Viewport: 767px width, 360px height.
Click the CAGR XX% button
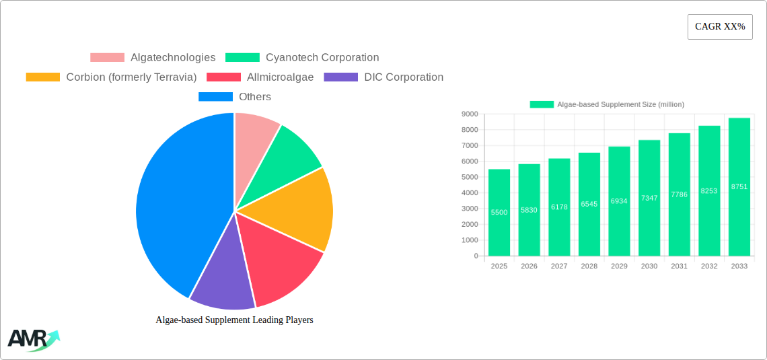coord(720,27)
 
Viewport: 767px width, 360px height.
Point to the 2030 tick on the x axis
coord(649,266)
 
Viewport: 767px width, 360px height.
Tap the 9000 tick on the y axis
coord(469,114)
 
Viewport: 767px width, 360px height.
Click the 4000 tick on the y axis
coord(469,193)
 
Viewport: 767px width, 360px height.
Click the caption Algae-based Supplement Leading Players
coord(234,320)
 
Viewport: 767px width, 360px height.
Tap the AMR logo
coord(32,340)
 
